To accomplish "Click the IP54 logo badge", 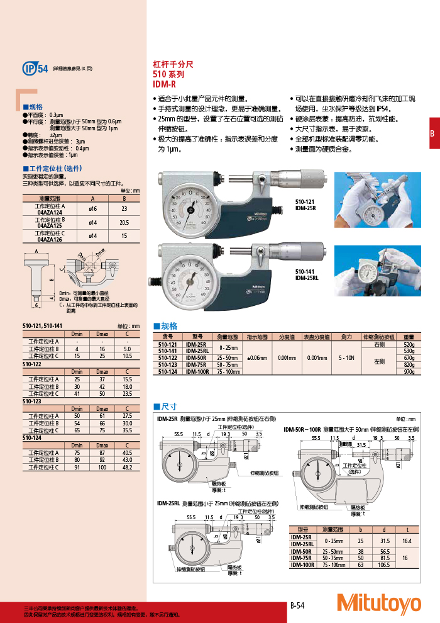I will coord(35,69).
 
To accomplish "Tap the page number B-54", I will coord(297,605).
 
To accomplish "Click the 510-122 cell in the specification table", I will coord(167,357).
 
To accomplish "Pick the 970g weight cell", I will coord(409,371).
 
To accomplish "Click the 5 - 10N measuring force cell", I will coord(346,357).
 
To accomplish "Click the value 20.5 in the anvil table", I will coord(124,222).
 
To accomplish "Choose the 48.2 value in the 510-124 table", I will coord(127,468).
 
